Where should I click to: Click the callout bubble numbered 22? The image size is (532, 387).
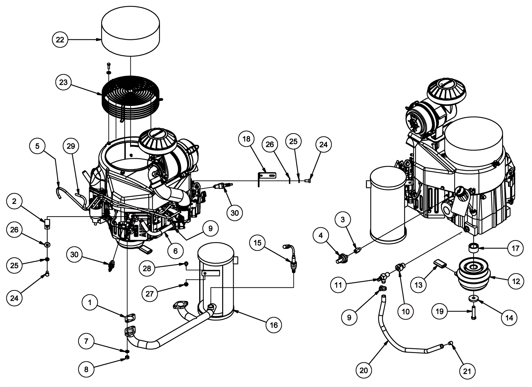pos(60,40)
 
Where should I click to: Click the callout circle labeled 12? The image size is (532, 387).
pos(516,281)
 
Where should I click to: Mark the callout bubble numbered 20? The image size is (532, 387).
pos(364,370)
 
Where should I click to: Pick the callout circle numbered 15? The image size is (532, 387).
pos(258,243)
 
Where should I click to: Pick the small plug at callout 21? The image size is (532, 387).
pos(451,343)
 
